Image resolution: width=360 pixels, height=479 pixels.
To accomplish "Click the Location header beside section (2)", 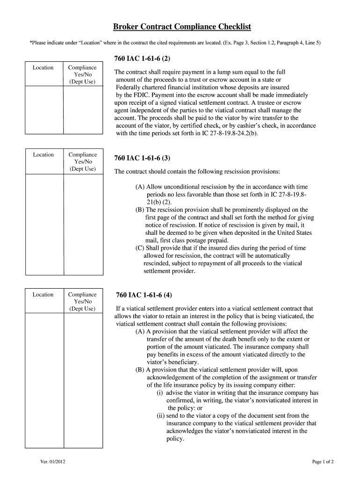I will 43,68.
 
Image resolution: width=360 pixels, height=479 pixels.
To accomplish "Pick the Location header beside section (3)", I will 43,155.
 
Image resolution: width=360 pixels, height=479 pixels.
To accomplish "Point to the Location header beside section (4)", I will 43,295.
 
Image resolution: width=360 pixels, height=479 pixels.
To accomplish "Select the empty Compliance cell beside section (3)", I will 82,225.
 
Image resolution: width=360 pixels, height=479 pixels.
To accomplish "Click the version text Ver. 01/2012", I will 52,463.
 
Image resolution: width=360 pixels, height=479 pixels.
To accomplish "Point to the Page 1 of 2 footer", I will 323,463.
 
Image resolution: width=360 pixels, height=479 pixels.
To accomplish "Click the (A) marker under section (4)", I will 140,331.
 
